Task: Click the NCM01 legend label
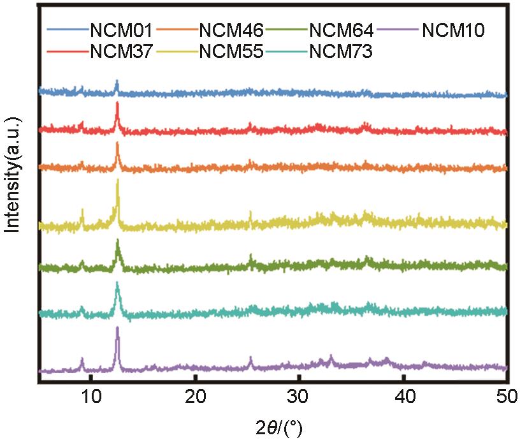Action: [x=121, y=30]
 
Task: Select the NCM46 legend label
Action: [x=231, y=30]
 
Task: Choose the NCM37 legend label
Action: [x=121, y=52]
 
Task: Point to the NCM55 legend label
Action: [x=231, y=52]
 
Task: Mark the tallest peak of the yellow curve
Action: [x=117, y=181]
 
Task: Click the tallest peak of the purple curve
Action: [x=117, y=328]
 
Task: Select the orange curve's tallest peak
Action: [x=117, y=143]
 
